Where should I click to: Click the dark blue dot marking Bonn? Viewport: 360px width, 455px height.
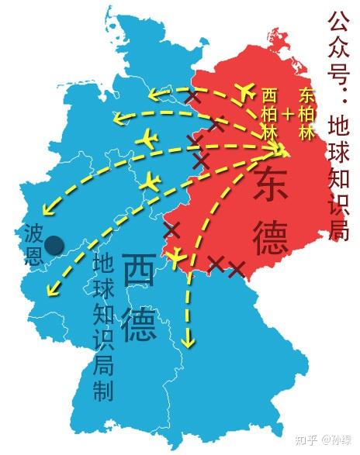click(x=54, y=246)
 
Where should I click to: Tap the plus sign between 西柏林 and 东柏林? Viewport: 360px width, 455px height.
click(x=289, y=115)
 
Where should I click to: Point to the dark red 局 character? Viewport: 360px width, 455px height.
click(x=339, y=228)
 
